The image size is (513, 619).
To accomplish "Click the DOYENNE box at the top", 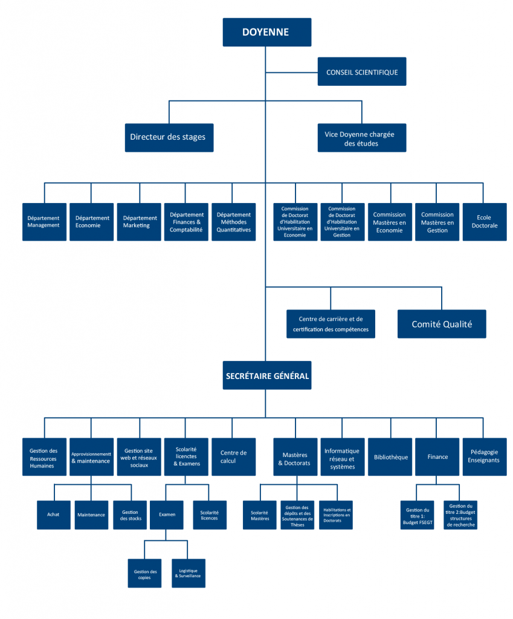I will pyautogui.click(x=266, y=32).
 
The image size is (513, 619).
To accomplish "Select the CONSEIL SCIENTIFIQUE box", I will pyautogui.click(x=362, y=72).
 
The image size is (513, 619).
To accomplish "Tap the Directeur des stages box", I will pyautogui.click(x=168, y=137).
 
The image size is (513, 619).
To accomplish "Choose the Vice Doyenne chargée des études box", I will pyautogui.click(x=362, y=138).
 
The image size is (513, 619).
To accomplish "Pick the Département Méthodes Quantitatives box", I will pyautogui.click(x=233, y=222).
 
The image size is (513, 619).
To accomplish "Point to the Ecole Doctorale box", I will pyautogui.click(x=484, y=222).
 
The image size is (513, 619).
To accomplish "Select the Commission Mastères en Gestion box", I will pyautogui.click(x=437, y=222).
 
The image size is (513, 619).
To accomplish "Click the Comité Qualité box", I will pyautogui.click(x=442, y=324).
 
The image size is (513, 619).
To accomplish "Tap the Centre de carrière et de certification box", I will pyautogui.click(x=331, y=324).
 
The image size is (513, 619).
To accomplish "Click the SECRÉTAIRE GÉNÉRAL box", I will pyautogui.click(x=267, y=376).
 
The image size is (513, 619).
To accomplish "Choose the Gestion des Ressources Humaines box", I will pyautogui.click(x=44, y=458).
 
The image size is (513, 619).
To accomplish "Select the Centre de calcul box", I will pyautogui.click(x=233, y=457).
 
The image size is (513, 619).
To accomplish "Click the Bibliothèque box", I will pyautogui.click(x=390, y=457).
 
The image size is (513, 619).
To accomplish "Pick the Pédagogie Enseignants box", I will pyautogui.click(x=484, y=457).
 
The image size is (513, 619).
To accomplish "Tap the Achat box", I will pyautogui.click(x=53, y=515).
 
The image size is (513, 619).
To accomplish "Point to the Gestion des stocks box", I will pyautogui.click(x=130, y=515).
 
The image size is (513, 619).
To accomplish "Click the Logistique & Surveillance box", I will pyautogui.click(x=188, y=573).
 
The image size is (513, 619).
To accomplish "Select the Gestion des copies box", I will pyautogui.click(x=145, y=573).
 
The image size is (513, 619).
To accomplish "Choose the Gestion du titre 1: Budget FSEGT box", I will pyautogui.click(x=418, y=515).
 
